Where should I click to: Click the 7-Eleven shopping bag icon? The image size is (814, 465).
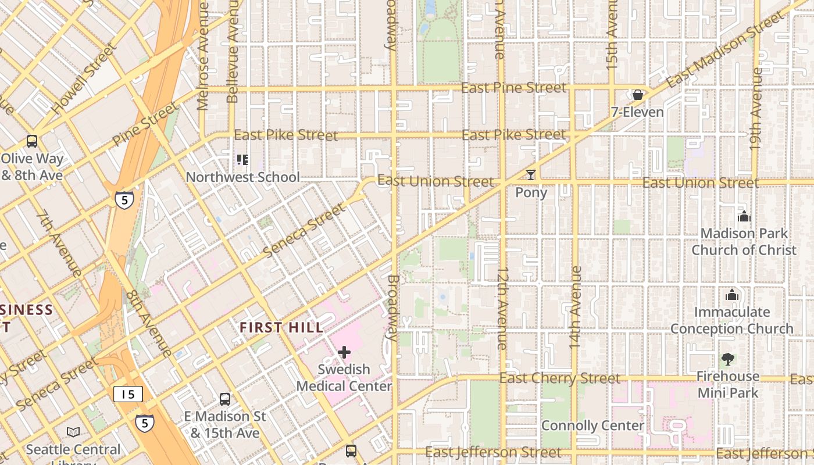pos(638,95)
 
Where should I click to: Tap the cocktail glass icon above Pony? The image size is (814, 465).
pos(530,175)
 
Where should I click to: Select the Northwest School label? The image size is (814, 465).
pos(242,177)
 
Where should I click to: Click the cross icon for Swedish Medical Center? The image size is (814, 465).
pos(344,352)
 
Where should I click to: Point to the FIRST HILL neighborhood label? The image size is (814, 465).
pos(281,328)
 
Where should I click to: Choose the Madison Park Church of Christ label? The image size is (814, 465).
pos(744,242)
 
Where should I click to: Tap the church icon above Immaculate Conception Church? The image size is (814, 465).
pos(732,295)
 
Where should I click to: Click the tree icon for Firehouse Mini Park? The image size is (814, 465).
pos(727,359)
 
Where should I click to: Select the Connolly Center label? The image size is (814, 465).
pos(592,425)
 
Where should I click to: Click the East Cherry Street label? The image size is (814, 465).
pos(560,378)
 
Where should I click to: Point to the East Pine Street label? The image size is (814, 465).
pos(513,88)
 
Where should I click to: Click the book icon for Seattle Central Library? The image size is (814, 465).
pos(73,432)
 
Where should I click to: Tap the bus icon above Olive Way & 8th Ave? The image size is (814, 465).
pos(32,141)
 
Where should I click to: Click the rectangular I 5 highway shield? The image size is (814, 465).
pos(127,394)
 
